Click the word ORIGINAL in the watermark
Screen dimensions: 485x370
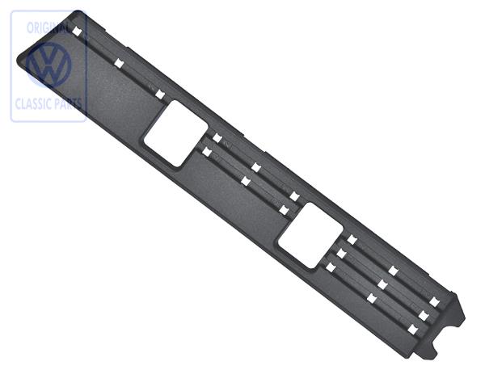(48, 27)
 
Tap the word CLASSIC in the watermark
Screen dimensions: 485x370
(33, 104)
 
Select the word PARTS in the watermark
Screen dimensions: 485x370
(69, 104)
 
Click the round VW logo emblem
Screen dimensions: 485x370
(48, 65)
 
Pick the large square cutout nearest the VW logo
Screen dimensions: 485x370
(175, 133)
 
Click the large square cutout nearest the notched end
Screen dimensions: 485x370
(310, 235)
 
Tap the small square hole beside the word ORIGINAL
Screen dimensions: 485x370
(77, 32)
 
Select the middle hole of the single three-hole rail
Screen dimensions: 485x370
(119, 63)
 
